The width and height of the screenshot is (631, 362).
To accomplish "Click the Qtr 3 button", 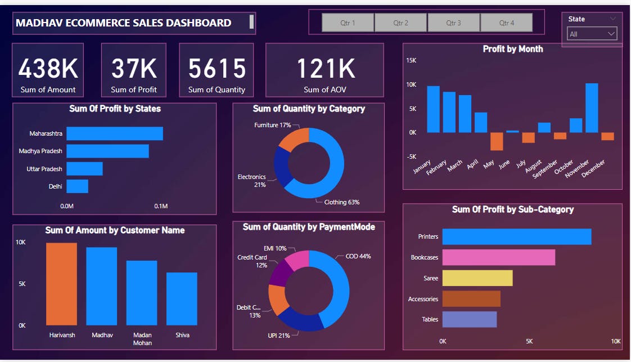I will (x=453, y=23).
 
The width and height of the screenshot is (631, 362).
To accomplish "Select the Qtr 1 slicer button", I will (x=348, y=23).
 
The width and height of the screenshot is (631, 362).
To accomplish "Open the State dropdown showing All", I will (x=592, y=34).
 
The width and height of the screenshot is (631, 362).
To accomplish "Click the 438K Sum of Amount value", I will (x=48, y=69).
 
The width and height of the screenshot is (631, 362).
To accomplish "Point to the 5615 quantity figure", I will (x=217, y=69).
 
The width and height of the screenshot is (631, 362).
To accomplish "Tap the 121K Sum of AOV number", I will (x=325, y=69).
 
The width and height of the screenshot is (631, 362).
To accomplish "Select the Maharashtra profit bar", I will (x=115, y=133).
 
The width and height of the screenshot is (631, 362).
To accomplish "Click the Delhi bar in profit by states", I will (x=78, y=186).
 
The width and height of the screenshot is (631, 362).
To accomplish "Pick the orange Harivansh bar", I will (x=62, y=284).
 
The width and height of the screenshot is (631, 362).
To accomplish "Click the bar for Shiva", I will (x=182, y=298).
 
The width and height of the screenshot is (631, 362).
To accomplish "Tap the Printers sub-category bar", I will (x=517, y=236).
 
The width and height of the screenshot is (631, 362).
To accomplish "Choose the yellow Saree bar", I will (x=477, y=278).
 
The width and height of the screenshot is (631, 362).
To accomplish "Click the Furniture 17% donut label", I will (x=273, y=125).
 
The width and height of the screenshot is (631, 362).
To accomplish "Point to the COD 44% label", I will (x=358, y=256).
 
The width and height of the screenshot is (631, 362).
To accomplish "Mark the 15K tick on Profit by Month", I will (x=411, y=60).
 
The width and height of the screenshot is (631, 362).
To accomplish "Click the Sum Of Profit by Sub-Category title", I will (x=513, y=209).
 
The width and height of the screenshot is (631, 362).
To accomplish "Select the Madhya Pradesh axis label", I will (x=40, y=151).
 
